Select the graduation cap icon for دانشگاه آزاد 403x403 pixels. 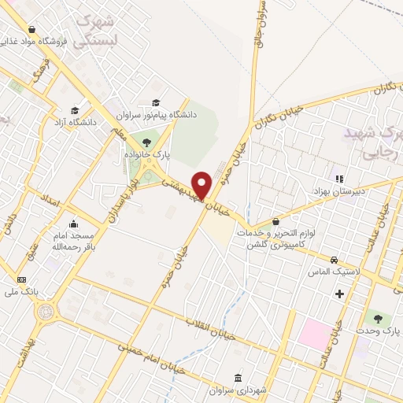point(75,111)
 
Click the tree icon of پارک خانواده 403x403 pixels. point(146,142)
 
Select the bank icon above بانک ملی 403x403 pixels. point(21,279)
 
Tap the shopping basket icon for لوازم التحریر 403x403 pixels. point(275,221)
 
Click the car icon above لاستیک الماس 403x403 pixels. point(335,259)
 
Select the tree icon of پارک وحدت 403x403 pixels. point(379,319)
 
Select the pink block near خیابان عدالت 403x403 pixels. point(315,335)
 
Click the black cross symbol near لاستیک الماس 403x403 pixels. point(339,294)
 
